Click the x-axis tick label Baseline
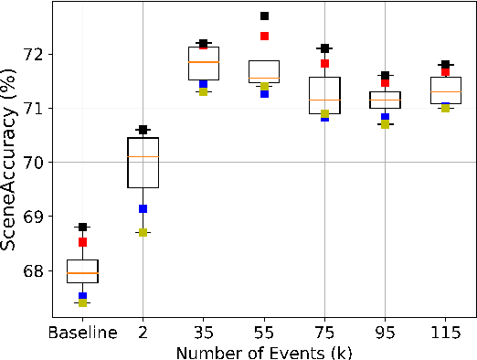click(82, 333)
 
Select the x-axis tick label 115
click(445, 333)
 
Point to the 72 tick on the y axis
click(36, 54)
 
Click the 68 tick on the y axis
click(36, 270)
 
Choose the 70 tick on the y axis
click(36, 162)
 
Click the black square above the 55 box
click(264, 16)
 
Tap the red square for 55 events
click(264, 36)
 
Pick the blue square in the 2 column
click(143, 209)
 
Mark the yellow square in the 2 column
click(143, 232)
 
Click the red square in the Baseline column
click(82, 242)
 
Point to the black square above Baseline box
click(82, 227)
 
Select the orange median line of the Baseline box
click(82, 273)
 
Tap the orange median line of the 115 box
click(445, 92)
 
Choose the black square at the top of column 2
click(143, 130)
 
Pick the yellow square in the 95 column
click(385, 124)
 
